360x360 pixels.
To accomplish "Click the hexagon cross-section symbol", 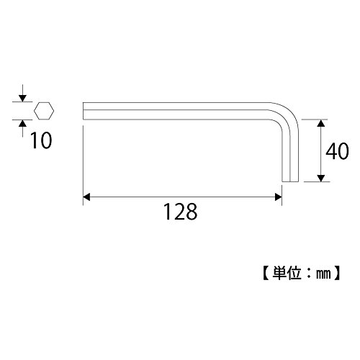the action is pyautogui.click(x=44, y=111).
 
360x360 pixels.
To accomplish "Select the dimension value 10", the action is pyautogui.click(x=41, y=140).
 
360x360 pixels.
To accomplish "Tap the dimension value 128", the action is pyautogui.click(x=180, y=212).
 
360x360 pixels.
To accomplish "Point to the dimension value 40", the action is pyautogui.click(x=337, y=151).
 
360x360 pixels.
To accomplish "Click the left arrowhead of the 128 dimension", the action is pyautogui.click(x=86, y=197).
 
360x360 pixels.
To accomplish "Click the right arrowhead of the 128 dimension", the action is pyautogui.click(x=278, y=197).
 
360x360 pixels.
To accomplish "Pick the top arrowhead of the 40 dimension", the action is pyautogui.click(x=321, y=123).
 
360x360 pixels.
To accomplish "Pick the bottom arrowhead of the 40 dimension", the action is pyautogui.click(x=321, y=178).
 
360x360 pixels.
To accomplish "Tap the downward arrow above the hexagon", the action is pyautogui.click(x=22, y=93).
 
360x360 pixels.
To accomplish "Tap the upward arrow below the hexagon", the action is pyautogui.click(x=22, y=128).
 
